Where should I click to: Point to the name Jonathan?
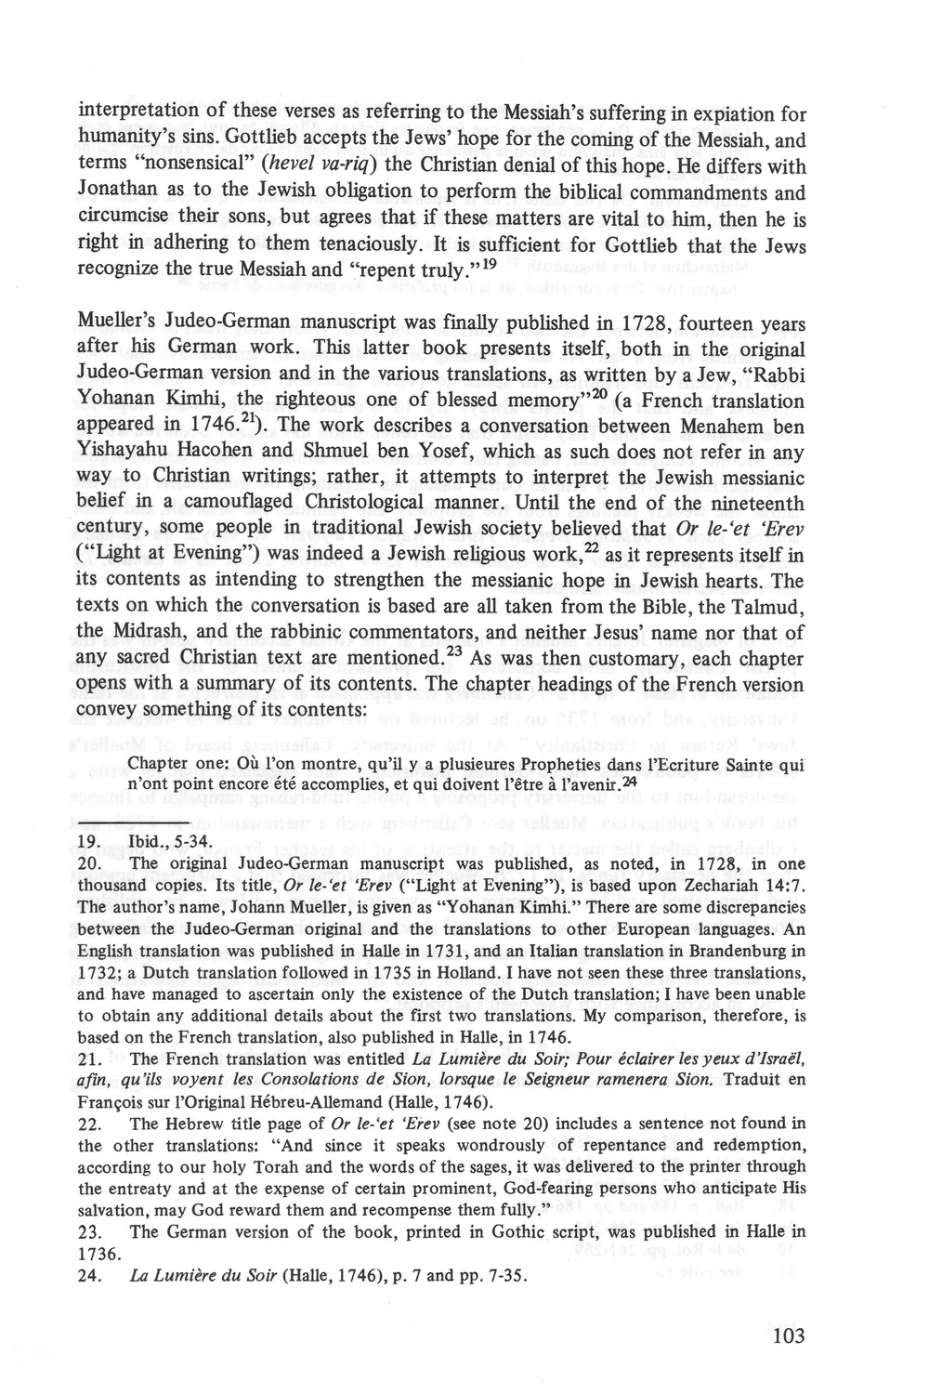click(x=118, y=194)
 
